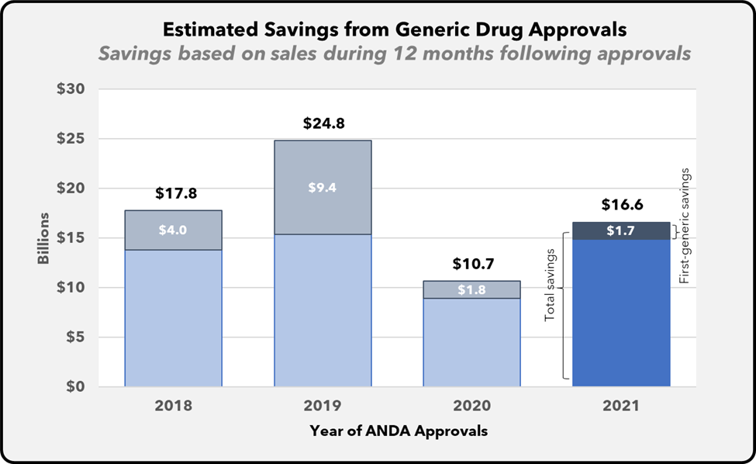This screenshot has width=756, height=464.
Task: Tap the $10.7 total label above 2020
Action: tap(471, 264)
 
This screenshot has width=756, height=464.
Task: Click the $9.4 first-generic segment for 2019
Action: tap(323, 186)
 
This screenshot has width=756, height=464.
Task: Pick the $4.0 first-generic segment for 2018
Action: tap(173, 230)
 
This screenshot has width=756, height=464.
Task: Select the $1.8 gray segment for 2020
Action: tap(471, 289)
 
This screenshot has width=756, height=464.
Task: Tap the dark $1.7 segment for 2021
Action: tap(621, 230)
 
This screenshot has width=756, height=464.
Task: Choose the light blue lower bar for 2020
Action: tap(471, 341)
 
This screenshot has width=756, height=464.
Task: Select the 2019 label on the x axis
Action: tap(323, 406)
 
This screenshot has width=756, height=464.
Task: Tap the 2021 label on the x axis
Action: tap(621, 406)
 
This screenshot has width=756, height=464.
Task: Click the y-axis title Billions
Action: tap(43, 237)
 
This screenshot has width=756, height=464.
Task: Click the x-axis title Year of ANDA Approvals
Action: tap(399, 431)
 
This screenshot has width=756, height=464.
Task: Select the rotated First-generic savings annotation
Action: tap(684, 225)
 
